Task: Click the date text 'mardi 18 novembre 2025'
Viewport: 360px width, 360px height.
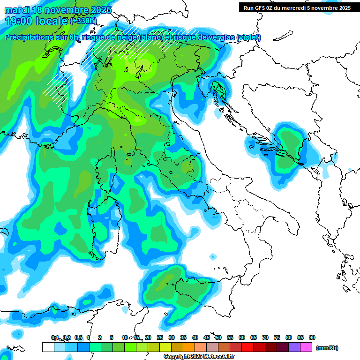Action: click(x=58, y=10)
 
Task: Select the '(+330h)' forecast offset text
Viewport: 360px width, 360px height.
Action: click(x=83, y=21)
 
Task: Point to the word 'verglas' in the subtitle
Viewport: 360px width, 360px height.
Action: click(x=220, y=37)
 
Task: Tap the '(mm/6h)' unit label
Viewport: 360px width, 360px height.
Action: click(x=327, y=348)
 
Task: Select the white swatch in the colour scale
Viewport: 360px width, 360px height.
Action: click(x=48, y=347)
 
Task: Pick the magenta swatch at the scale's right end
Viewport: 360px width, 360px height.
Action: click(x=306, y=347)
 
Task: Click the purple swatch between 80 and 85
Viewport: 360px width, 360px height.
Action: click(x=294, y=347)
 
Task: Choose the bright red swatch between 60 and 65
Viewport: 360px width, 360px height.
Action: click(x=247, y=347)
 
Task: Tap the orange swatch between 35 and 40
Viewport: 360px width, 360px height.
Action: click(x=189, y=347)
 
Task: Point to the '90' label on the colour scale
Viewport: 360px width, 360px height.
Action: click(x=312, y=337)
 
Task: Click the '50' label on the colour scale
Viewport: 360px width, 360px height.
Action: click(x=218, y=337)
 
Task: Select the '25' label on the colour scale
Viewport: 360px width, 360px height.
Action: click(x=160, y=337)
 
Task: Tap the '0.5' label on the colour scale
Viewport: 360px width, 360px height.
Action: click(x=78, y=337)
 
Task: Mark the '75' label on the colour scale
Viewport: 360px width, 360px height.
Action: click(x=277, y=337)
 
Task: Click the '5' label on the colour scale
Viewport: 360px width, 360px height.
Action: click(x=112, y=337)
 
